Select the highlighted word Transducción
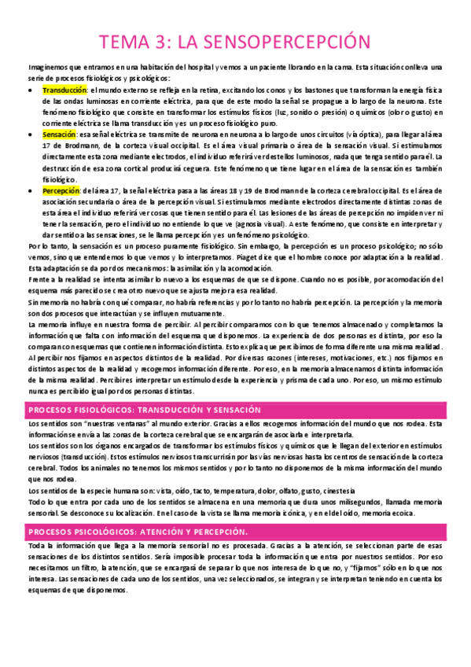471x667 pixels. coord(64,90)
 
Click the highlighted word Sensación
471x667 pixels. coord(59,135)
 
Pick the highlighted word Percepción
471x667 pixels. coord(61,190)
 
